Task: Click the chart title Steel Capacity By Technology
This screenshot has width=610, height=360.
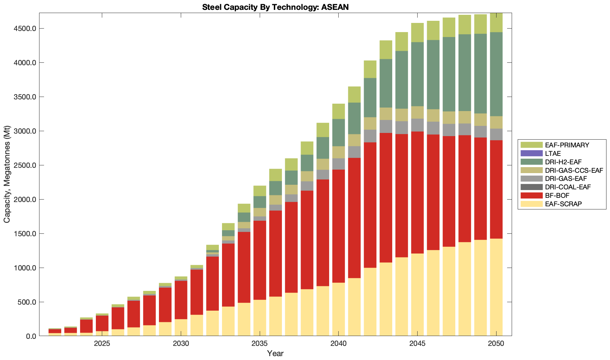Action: [x=275, y=7]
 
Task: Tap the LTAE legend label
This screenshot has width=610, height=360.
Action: [x=553, y=153]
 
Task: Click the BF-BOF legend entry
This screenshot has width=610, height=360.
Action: [x=557, y=195]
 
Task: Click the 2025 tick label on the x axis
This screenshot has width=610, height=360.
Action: [x=102, y=344]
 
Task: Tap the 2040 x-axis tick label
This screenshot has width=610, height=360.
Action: [x=338, y=344]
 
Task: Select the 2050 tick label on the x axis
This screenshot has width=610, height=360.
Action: [x=496, y=344]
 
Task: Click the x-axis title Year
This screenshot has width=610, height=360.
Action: [x=275, y=353]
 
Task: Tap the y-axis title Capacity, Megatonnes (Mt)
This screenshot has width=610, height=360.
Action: [x=7, y=175]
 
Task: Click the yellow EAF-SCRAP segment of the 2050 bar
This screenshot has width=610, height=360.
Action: [x=496, y=287]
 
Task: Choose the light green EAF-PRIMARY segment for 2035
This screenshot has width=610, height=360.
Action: [x=260, y=191]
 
